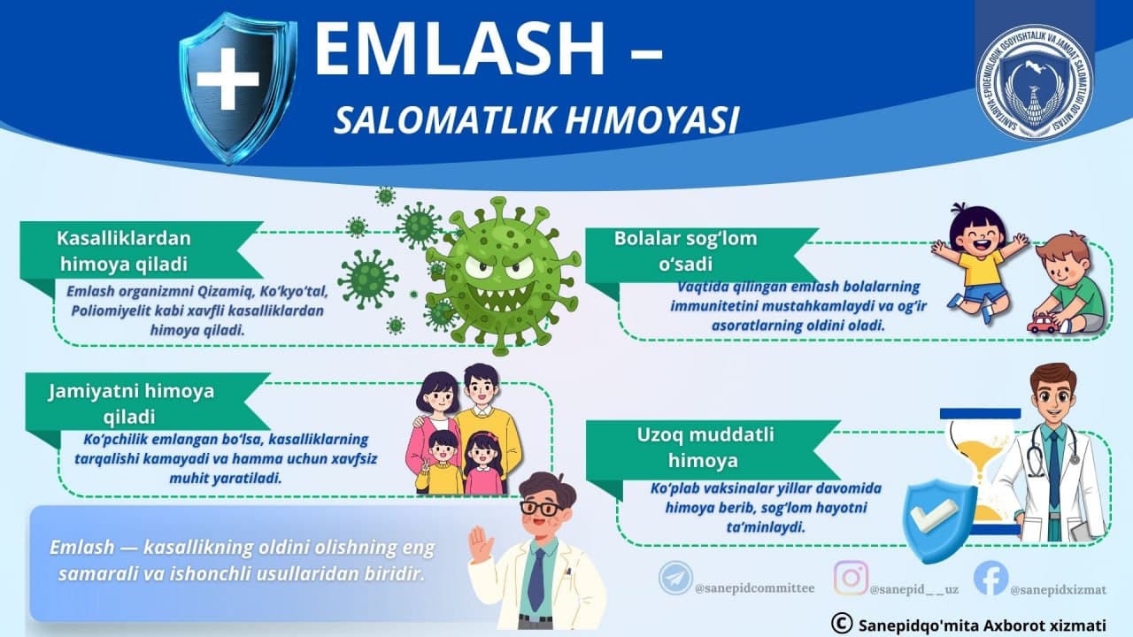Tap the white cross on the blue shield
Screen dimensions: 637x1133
pos(227,79)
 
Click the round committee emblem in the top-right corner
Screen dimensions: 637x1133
pos(1034,81)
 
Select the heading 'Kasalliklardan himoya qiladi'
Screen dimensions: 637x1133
pos(124,250)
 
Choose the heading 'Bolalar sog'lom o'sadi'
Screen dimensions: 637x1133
pos(686,251)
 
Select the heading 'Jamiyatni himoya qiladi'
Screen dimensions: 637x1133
pos(132,403)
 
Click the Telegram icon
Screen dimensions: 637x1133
pos(674,578)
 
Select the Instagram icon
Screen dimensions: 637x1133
pos(851,578)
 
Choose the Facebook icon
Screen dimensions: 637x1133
pos(990,578)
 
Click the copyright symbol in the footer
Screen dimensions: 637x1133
pos(841,624)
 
